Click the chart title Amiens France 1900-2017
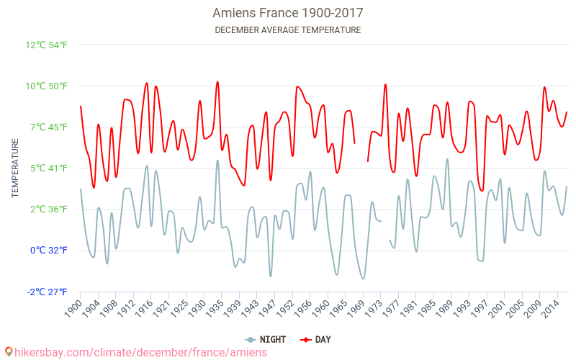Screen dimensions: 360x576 tap(287, 13)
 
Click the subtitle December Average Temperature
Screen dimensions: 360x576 tap(287, 30)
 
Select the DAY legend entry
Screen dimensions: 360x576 tap(317, 339)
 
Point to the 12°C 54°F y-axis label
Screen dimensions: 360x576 tap(47, 45)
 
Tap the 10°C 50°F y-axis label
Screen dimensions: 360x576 tap(47, 86)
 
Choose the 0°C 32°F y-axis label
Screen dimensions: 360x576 tap(49, 251)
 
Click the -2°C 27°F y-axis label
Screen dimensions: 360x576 tap(48, 292)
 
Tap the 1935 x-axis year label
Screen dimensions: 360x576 tap(213, 307)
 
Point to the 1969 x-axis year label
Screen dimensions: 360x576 tap(353, 307)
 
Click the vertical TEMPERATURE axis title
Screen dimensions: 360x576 tap(15, 168)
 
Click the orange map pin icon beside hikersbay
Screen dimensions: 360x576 tap(9, 352)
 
